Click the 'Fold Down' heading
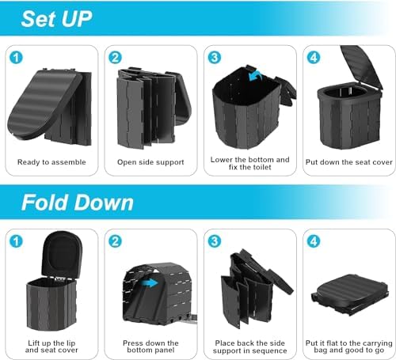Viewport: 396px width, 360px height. coord(77,202)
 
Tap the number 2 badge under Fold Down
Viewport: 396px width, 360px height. coord(116,242)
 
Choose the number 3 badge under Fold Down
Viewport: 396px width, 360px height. coord(214,242)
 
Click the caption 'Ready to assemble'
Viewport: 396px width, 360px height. coord(51,164)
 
